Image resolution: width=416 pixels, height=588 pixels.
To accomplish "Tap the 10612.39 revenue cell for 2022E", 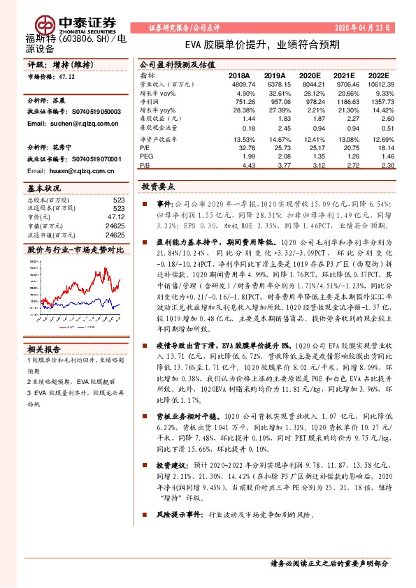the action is click(x=380, y=84).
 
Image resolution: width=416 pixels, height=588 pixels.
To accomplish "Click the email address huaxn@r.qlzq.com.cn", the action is click(x=66, y=171).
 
